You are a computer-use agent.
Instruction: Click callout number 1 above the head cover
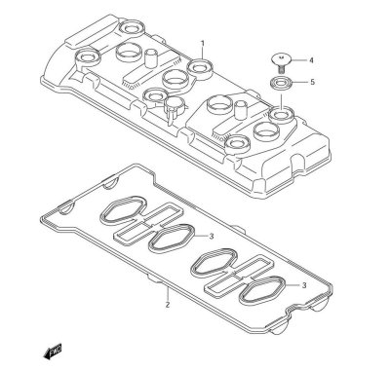(202, 44)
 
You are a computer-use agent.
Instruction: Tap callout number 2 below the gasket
(167, 305)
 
